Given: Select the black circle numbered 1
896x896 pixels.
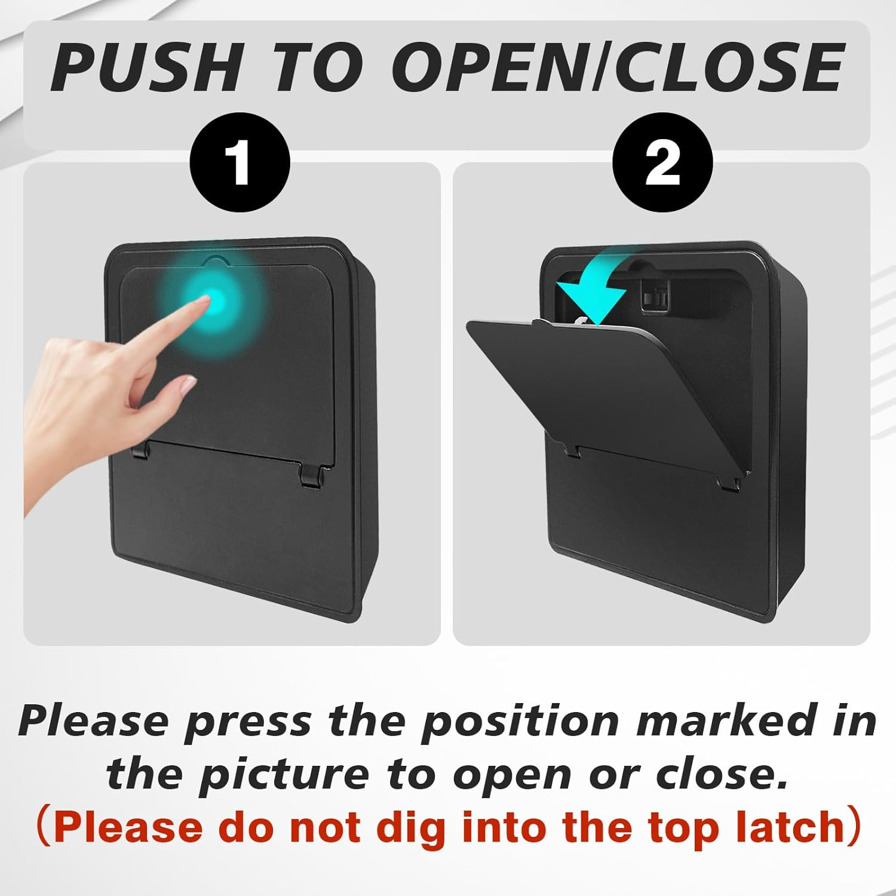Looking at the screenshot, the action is click(240, 163).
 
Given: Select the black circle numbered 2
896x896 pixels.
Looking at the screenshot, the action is click(662, 163).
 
